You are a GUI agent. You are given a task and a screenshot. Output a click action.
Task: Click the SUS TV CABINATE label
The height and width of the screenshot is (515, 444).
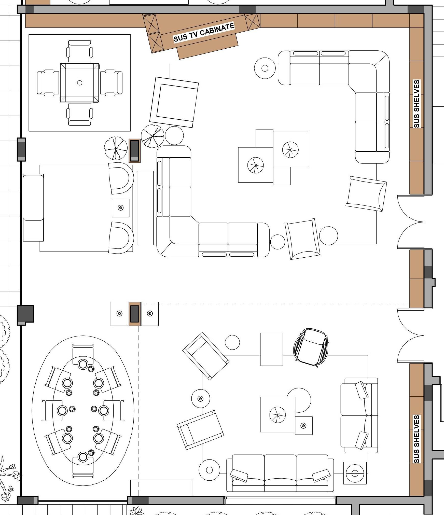coord(204,33)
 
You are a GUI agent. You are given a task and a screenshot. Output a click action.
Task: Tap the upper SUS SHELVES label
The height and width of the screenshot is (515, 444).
coord(417,104)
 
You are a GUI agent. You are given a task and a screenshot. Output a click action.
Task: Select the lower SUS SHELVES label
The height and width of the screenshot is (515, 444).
coord(417,439)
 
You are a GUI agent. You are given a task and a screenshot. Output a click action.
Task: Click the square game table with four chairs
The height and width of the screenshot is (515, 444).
coord(80,83)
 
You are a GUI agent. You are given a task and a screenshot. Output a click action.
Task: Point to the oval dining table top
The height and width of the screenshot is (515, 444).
coord(83,410)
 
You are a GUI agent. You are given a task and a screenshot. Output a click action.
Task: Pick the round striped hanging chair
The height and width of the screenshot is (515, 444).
coord(311,347)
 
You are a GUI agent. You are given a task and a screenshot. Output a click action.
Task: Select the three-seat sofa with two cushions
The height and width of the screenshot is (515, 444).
coord(280,473)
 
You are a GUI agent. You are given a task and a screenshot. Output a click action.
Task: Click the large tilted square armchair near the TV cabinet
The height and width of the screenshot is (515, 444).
coord(174,102)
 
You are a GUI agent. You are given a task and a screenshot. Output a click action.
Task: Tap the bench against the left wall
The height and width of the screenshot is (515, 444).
coord(33,207)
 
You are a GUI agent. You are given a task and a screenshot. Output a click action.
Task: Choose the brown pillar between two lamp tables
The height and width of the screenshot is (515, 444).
coord(135,314)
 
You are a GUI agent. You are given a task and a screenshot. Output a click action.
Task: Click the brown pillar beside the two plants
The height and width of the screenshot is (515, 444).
coord(134,151)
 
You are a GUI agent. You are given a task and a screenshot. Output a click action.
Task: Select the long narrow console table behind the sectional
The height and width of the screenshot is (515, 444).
coord(145,208)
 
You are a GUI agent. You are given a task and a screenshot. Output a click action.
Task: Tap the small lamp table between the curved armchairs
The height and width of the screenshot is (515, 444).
coord(121,208)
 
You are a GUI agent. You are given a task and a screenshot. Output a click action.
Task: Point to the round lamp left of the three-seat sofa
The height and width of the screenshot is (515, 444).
coord(209,470)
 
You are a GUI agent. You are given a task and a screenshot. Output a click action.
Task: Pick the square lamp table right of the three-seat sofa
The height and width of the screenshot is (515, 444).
coord(355,473)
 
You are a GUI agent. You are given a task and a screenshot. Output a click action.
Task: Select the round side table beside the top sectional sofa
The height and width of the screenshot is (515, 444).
coord(265,68)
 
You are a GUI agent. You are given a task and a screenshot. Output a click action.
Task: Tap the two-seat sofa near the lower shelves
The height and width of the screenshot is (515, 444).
coord(359,415)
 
